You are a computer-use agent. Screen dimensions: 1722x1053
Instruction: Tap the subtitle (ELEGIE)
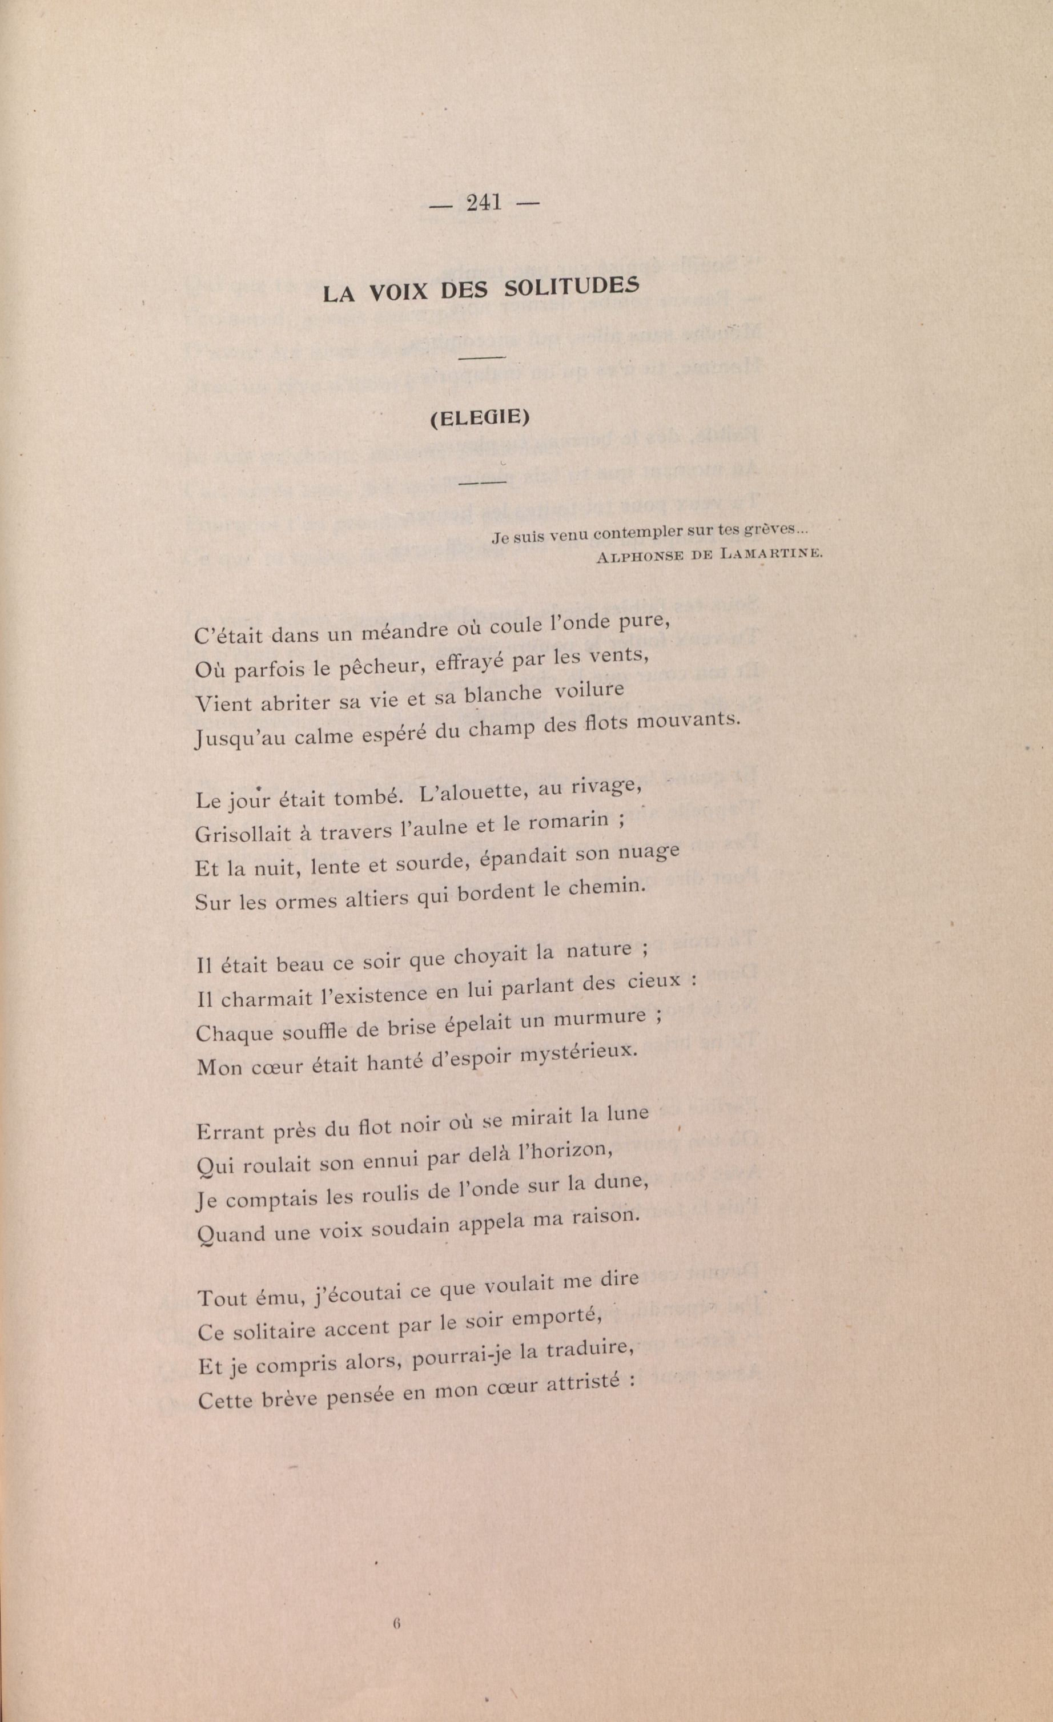tap(480, 418)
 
